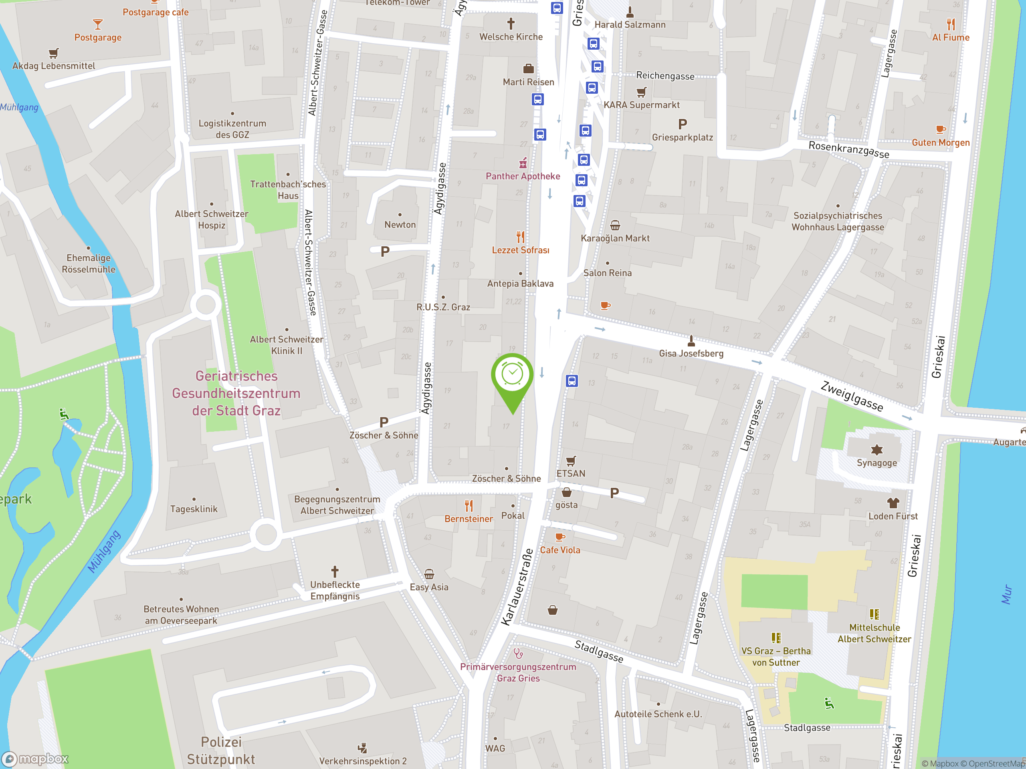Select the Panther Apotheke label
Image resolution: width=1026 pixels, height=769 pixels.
click(523, 176)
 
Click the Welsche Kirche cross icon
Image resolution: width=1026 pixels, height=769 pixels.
click(511, 23)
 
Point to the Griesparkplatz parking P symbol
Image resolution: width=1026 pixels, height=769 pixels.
click(682, 124)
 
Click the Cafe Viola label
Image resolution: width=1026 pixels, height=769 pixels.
click(560, 550)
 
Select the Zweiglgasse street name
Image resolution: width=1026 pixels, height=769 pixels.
click(852, 397)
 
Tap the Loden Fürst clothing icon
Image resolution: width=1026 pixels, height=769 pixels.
click(893, 503)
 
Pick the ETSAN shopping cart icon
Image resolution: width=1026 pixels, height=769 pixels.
click(571, 461)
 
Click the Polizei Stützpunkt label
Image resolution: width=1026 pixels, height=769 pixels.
click(221, 750)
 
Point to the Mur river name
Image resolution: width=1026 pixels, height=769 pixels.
click(1006, 594)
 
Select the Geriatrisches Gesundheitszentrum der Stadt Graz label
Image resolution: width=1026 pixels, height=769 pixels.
click(236, 393)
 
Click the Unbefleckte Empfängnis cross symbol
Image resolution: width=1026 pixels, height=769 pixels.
click(334, 572)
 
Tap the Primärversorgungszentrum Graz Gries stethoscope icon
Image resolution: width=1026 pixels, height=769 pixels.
click(518, 654)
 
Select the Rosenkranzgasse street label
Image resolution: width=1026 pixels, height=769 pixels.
click(848, 150)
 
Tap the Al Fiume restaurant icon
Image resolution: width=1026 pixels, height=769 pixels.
click(950, 24)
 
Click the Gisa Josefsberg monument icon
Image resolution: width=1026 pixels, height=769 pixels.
click(691, 341)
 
